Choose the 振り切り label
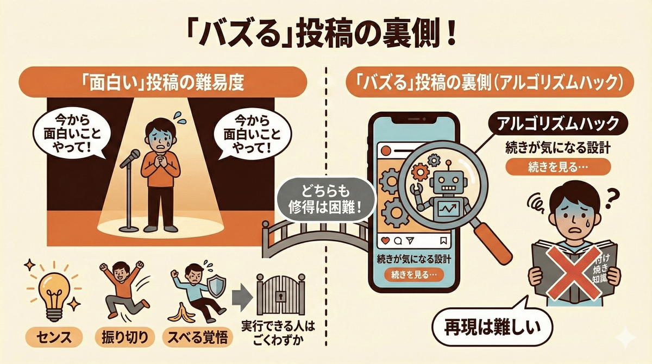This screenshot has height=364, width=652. point(123,338)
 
